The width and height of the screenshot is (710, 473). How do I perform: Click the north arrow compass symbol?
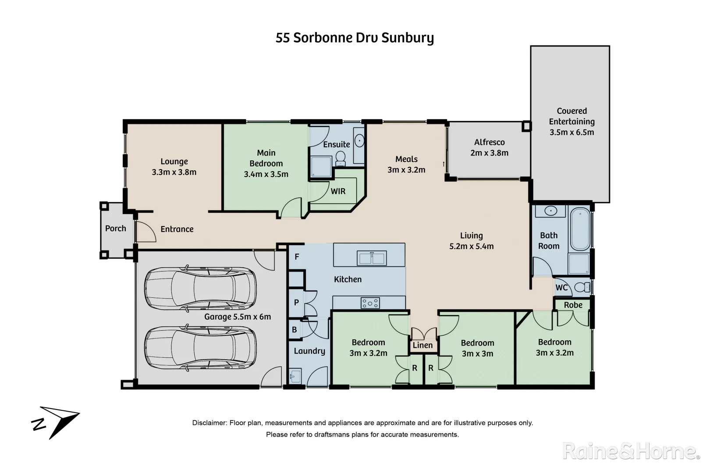pyautogui.click(x=56, y=422)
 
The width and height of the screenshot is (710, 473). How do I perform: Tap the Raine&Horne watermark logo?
pyautogui.click(x=631, y=451)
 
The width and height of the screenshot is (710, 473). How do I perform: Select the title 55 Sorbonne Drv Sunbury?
pyautogui.click(x=355, y=38)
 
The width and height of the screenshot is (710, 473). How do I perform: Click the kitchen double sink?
pyautogui.click(x=372, y=258)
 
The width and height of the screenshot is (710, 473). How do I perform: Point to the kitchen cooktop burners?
pyautogui.click(x=370, y=303)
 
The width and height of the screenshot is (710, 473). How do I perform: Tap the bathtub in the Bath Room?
pyautogui.click(x=580, y=229)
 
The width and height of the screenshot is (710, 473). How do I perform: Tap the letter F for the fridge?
pyautogui.click(x=297, y=257)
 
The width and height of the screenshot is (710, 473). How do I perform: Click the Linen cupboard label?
pyautogui.click(x=422, y=345)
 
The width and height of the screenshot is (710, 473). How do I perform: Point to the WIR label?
pyautogui.click(x=338, y=191)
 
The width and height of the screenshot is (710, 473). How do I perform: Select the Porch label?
pyautogui.click(x=116, y=228)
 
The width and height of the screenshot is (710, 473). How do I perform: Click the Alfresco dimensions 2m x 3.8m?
pyautogui.click(x=489, y=153)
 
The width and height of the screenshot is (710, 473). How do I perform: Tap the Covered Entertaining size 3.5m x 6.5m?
pyautogui.click(x=572, y=132)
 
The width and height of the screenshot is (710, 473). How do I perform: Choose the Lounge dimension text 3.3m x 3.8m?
pyautogui.click(x=174, y=172)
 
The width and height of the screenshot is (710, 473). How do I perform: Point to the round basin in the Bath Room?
pyautogui.click(x=550, y=211)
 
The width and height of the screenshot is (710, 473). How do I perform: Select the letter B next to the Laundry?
pyautogui.click(x=295, y=330)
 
